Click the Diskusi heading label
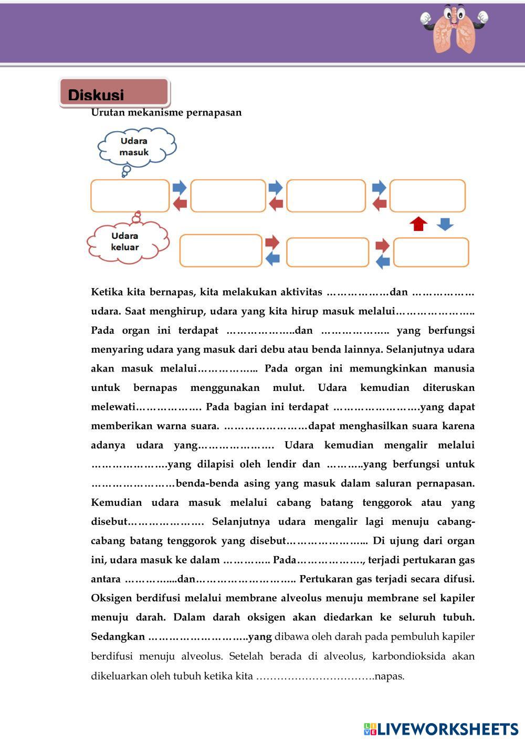(96, 95)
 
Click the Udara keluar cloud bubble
(126, 241)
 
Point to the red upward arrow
(418, 224)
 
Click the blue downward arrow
(445, 224)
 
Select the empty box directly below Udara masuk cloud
(130, 196)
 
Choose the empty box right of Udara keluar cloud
(220, 251)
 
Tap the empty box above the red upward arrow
(427, 196)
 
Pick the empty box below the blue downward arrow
(431, 252)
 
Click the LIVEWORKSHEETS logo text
(447, 729)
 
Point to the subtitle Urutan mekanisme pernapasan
(166, 112)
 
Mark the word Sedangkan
(118, 637)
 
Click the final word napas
(390, 676)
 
